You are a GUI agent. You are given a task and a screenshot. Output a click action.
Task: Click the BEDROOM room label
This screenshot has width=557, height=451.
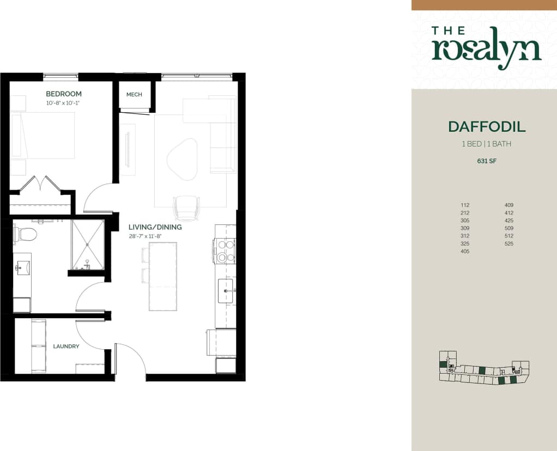click(64, 94)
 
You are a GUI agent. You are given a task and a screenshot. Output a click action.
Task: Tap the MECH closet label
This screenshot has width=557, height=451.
click(134, 94)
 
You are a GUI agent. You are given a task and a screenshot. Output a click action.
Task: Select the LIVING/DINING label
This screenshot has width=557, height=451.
click(155, 227)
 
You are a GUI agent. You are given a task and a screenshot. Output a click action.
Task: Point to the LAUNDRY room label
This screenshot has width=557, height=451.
click(66, 346)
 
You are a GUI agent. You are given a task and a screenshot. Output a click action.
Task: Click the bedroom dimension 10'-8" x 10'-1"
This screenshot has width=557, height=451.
click(66, 103)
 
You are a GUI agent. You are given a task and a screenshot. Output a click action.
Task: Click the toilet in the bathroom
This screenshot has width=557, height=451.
click(26, 235)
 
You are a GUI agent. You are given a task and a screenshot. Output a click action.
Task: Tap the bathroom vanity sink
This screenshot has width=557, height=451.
click(22, 267)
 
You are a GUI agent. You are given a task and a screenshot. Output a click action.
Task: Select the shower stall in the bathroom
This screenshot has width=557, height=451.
click(88, 245)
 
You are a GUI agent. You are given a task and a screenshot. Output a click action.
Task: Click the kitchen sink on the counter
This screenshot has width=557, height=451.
click(226, 291)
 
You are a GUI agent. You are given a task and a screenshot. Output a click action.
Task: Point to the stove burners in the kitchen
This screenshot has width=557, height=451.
click(226, 251)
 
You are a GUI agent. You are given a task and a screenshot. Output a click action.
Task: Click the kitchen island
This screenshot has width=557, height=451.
click(163, 276)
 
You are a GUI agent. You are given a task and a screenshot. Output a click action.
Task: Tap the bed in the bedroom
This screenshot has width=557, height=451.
click(44, 136)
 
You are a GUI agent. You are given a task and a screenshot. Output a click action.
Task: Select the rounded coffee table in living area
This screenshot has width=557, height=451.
click(181, 159)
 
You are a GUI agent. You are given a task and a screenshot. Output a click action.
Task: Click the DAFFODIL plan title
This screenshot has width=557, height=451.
click(487, 127)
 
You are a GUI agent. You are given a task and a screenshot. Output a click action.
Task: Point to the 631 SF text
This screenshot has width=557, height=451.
click(486, 161)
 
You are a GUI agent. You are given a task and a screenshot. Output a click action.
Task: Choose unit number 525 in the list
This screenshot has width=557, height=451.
click(509, 243)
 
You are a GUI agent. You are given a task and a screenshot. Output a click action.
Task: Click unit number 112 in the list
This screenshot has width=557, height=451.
click(464, 205)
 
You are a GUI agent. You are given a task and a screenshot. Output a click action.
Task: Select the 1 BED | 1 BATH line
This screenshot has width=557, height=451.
click(486, 144)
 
